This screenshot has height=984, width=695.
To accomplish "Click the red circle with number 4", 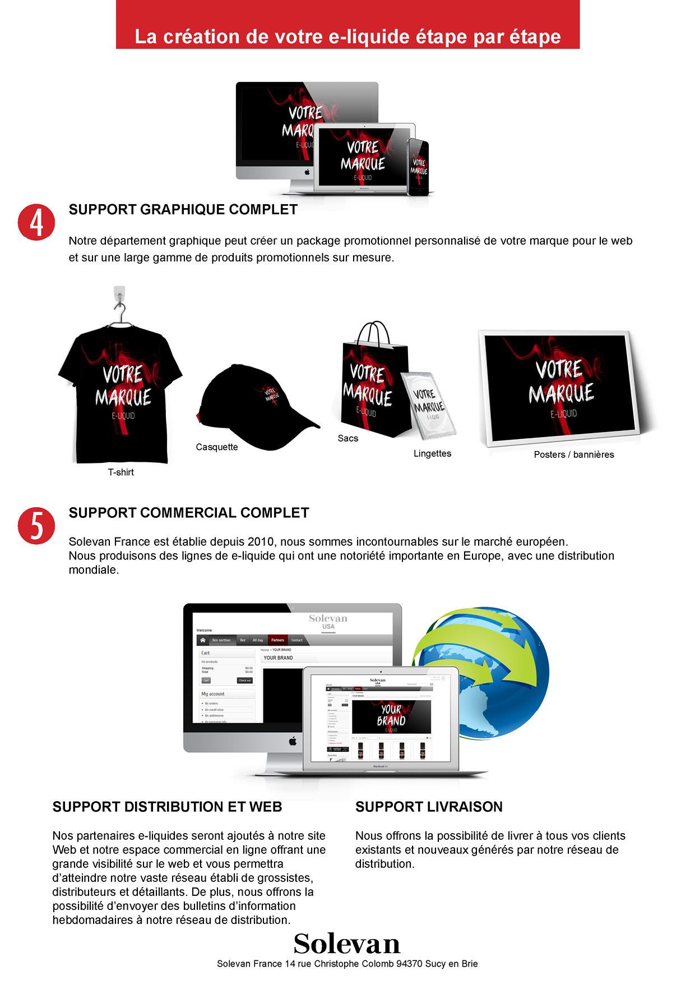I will pyautogui.click(x=36, y=222).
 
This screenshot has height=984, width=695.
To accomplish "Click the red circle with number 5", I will pyautogui.click(x=36, y=526).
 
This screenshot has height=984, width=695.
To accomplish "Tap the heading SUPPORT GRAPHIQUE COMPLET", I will pyautogui.click(x=183, y=210).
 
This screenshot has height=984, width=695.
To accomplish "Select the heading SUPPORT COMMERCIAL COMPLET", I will pyautogui.click(x=188, y=513).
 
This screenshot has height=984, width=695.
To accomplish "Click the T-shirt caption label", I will pyautogui.click(x=121, y=472).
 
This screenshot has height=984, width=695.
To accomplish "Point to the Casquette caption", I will pyautogui.click(x=217, y=447).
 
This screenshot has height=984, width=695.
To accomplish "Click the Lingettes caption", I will pyautogui.click(x=432, y=453).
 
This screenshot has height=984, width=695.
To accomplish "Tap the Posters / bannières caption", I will pyautogui.click(x=574, y=454).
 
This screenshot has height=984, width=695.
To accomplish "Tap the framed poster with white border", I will pyautogui.click(x=560, y=387).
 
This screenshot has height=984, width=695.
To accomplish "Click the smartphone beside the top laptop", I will pyautogui.click(x=418, y=167).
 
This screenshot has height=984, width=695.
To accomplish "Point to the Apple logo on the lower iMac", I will pyautogui.click(x=292, y=742).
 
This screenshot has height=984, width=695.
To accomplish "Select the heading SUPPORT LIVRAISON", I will pyautogui.click(x=429, y=807).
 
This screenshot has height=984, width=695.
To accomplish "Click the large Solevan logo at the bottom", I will pyautogui.click(x=347, y=944).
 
